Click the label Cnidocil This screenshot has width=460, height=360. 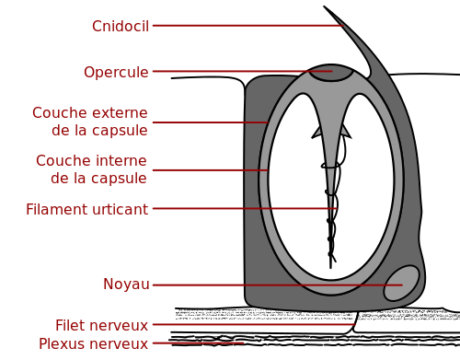[x=121, y=26]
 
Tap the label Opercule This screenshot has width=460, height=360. [x=116, y=73]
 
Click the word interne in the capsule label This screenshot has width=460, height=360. [x=118, y=160]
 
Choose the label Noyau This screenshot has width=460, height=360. [x=126, y=285]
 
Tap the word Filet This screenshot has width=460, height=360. [x=70, y=325]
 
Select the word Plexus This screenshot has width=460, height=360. [x=61, y=343]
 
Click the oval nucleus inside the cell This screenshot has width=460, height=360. [x=402, y=284]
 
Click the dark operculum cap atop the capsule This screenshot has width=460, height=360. [x=330, y=73]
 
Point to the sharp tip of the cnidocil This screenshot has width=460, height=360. [x=324, y=6]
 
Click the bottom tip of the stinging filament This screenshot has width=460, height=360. [x=330, y=269]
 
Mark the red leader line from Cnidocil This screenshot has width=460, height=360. [x=248, y=26]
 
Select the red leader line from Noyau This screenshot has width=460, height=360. [x=278, y=285]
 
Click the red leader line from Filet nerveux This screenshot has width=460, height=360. [x=254, y=324]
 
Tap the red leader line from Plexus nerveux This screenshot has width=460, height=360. [x=198, y=343]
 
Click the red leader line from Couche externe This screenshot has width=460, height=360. [x=211, y=122]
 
